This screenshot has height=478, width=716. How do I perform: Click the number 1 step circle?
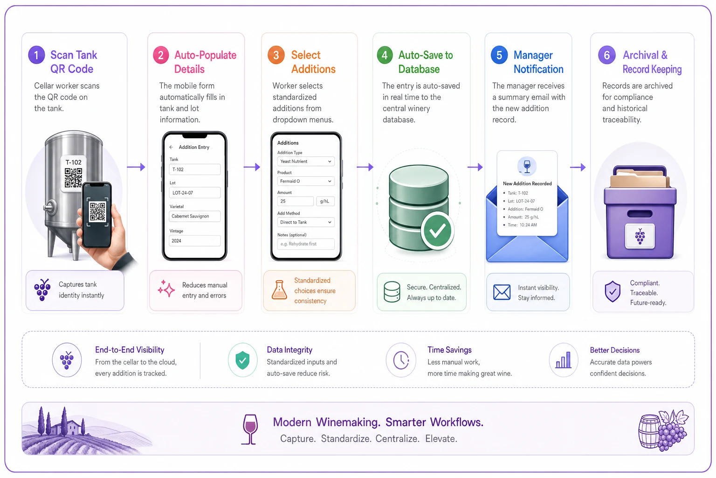(36, 55)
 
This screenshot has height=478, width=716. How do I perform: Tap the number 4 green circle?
(385, 55)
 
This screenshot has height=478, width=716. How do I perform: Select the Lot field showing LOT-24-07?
(195, 193)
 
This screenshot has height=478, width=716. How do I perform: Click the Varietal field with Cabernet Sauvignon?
(195, 217)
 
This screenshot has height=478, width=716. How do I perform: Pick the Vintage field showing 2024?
(195, 241)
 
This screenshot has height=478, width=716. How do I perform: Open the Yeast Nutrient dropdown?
(306, 162)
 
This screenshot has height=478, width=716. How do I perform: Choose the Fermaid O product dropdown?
(306, 181)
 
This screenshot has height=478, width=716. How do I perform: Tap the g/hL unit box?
(325, 201)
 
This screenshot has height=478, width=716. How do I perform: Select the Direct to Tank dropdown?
(306, 222)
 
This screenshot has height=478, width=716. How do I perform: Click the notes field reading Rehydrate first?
(306, 244)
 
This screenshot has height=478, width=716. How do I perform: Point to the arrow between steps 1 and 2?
(136, 167)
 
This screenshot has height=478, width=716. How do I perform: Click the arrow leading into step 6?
(578, 167)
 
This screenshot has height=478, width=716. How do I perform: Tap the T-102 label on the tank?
(73, 162)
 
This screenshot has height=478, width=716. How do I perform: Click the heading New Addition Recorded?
(527, 183)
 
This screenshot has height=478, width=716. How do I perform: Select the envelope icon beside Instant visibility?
(502, 292)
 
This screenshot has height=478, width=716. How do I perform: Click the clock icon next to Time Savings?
(401, 360)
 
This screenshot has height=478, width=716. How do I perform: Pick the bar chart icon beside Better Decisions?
(563, 360)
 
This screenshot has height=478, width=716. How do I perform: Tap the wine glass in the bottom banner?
(250, 429)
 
